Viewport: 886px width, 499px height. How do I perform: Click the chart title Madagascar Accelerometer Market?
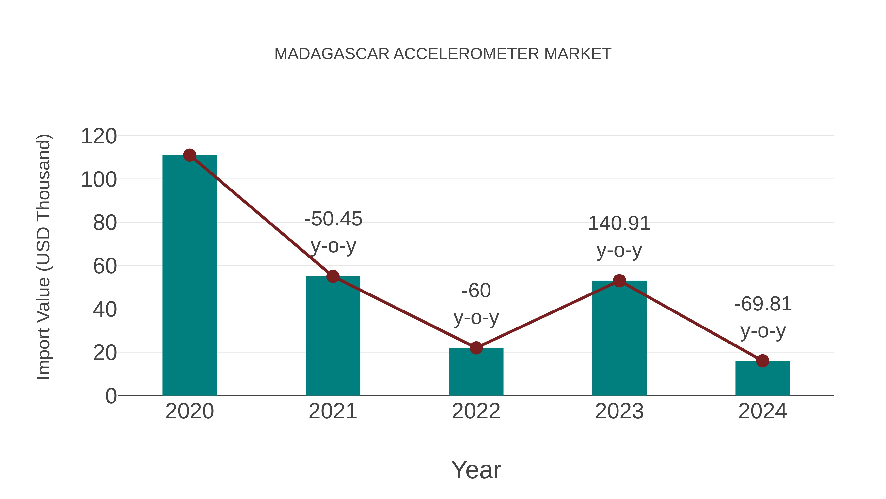point(443,54)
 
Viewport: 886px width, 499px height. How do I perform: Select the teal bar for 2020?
point(190,275)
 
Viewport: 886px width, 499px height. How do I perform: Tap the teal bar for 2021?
point(332,336)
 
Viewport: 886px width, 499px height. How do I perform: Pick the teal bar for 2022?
point(476,372)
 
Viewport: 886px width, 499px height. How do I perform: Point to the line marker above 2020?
point(190,155)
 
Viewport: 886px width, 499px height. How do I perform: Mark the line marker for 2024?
point(762,361)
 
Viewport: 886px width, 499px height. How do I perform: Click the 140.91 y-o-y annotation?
point(619,237)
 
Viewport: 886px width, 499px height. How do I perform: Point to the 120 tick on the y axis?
point(99,136)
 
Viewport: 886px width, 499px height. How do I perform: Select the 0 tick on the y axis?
point(111,396)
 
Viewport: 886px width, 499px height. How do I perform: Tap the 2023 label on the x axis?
point(619,411)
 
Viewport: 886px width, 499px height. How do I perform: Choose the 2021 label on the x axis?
point(332,411)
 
